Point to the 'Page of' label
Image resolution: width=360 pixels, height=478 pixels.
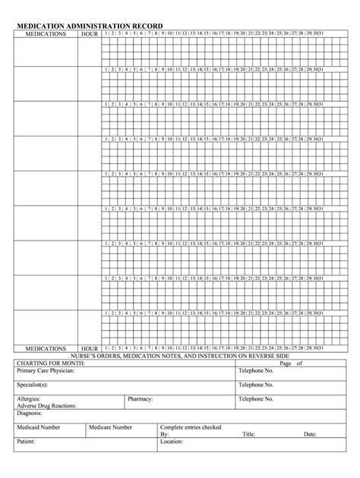291,363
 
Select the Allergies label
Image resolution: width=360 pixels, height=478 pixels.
29,398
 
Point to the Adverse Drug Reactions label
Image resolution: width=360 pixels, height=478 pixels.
47,405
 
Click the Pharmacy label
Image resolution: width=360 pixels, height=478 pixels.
141,398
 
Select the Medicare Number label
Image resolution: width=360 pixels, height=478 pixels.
111,427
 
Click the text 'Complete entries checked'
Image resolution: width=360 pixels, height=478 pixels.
191,427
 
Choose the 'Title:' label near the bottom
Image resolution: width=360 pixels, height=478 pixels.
248,434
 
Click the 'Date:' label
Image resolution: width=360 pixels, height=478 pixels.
310,434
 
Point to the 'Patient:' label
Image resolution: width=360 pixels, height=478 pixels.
27,442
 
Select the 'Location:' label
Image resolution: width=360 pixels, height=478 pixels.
172,442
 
